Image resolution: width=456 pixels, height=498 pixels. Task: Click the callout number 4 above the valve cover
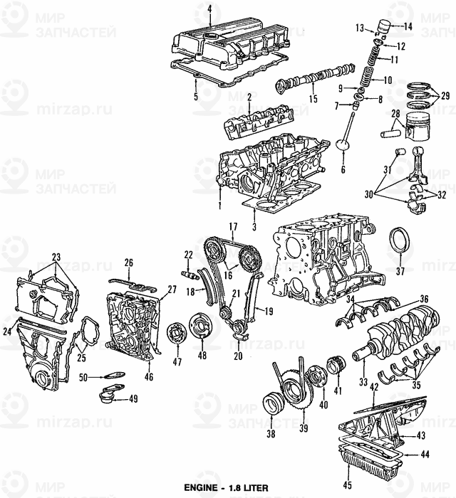point(209,9)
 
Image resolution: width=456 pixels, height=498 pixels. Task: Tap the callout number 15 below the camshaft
point(313,99)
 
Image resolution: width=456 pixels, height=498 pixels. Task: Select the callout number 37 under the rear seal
point(400,271)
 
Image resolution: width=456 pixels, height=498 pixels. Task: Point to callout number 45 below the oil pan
point(348,485)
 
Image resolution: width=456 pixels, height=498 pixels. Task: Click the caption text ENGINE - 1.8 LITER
point(226,487)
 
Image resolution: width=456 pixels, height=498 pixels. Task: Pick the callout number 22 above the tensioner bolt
point(188,255)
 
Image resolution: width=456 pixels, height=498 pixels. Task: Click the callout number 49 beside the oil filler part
point(133,398)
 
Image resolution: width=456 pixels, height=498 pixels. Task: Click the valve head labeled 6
point(344,145)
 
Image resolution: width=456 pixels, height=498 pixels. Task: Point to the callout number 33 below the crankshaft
point(363,381)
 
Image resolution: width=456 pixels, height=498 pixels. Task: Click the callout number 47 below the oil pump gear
point(177,361)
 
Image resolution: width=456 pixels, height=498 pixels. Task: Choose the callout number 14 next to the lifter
point(408,27)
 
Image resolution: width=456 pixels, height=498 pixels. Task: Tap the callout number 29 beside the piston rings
point(445,95)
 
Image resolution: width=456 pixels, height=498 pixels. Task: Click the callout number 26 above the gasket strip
point(128,263)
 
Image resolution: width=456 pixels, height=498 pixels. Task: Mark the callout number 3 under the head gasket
point(254,227)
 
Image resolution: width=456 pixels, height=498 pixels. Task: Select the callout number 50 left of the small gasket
point(83,377)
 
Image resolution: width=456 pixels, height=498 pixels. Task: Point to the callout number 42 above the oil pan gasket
point(374,387)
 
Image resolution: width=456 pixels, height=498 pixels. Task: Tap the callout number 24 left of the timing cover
point(7,332)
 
